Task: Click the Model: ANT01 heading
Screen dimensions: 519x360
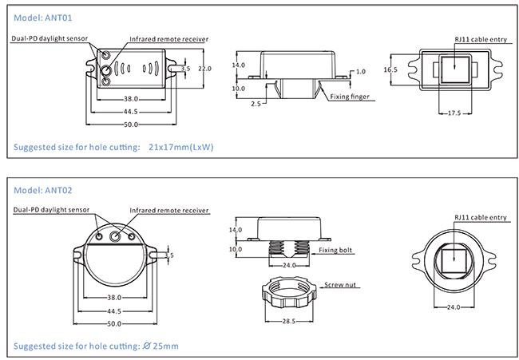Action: point(42,18)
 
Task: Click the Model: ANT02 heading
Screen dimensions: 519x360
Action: point(42,190)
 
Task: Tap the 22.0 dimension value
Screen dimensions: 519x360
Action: point(204,69)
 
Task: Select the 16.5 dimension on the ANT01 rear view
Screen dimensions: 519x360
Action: point(390,69)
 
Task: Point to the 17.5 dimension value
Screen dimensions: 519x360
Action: point(454,113)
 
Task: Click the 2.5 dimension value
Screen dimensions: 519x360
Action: point(256,104)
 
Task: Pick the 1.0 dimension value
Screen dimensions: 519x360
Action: point(361,72)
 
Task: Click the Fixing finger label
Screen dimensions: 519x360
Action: point(350,97)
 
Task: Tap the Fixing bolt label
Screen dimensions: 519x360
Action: point(335,250)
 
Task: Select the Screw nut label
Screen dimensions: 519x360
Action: point(340,284)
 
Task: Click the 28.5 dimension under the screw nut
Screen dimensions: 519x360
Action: point(288,322)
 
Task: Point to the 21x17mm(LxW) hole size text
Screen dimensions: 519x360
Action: point(181,147)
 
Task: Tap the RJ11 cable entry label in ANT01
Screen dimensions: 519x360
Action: point(481,39)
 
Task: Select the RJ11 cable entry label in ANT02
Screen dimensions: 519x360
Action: point(481,217)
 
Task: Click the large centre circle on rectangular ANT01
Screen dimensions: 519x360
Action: point(106,69)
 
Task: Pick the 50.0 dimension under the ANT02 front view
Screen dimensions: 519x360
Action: point(114,324)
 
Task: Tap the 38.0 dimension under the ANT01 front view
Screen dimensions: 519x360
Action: point(131,99)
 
